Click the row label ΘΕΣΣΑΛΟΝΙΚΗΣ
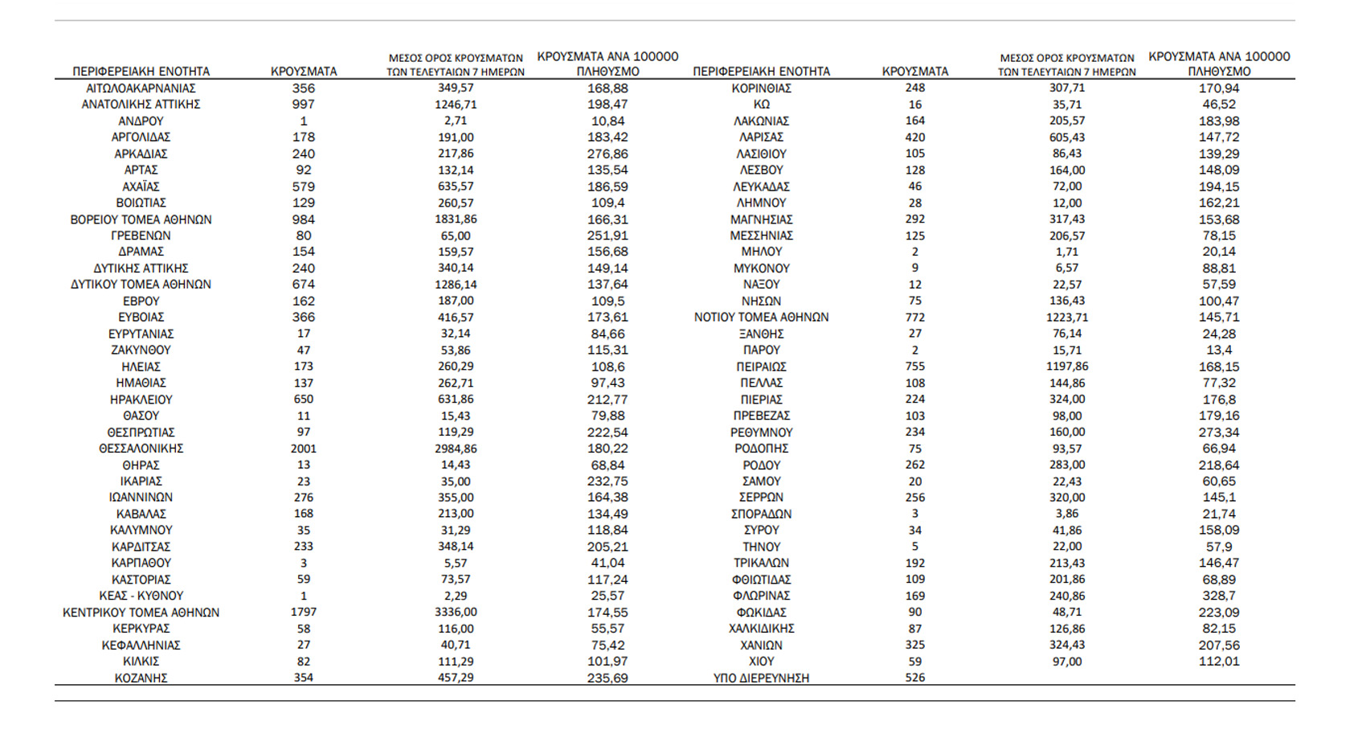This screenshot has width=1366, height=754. pyautogui.click(x=141, y=449)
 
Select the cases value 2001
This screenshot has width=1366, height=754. pyautogui.click(x=304, y=449)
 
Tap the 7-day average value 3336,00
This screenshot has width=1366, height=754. pyautogui.click(x=456, y=613)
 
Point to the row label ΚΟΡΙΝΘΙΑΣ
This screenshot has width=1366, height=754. pyautogui.click(x=761, y=88)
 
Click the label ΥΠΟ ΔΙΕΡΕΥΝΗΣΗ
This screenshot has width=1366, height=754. pyautogui.click(x=761, y=678)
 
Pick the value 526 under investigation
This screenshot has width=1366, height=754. pyautogui.click(x=915, y=678)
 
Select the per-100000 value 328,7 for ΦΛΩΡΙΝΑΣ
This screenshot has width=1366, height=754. pyautogui.click(x=1219, y=596)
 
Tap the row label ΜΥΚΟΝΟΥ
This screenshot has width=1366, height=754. pyautogui.click(x=761, y=268)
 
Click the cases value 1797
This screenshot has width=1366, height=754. pyautogui.click(x=304, y=613)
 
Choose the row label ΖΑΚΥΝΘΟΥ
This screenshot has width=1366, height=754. pyautogui.click(x=141, y=350)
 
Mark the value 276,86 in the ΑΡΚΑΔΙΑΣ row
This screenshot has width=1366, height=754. pyautogui.click(x=607, y=154)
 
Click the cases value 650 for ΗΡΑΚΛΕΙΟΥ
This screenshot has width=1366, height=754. pyautogui.click(x=304, y=400)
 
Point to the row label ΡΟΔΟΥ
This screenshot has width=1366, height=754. pyautogui.click(x=761, y=465)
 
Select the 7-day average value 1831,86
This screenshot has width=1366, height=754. pyautogui.click(x=456, y=219)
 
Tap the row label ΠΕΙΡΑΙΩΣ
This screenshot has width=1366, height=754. pyautogui.click(x=761, y=367)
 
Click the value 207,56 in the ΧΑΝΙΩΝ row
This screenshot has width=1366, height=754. pyautogui.click(x=1219, y=645)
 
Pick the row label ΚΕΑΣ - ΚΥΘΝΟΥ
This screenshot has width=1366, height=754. pyautogui.click(x=141, y=596)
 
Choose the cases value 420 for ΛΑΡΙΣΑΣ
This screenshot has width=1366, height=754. pyautogui.click(x=915, y=137)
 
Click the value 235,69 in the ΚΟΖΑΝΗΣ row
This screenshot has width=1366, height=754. pyautogui.click(x=607, y=678)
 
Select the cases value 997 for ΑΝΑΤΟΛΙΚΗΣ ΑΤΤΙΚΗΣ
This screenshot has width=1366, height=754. pyautogui.click(x=304, y=104)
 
